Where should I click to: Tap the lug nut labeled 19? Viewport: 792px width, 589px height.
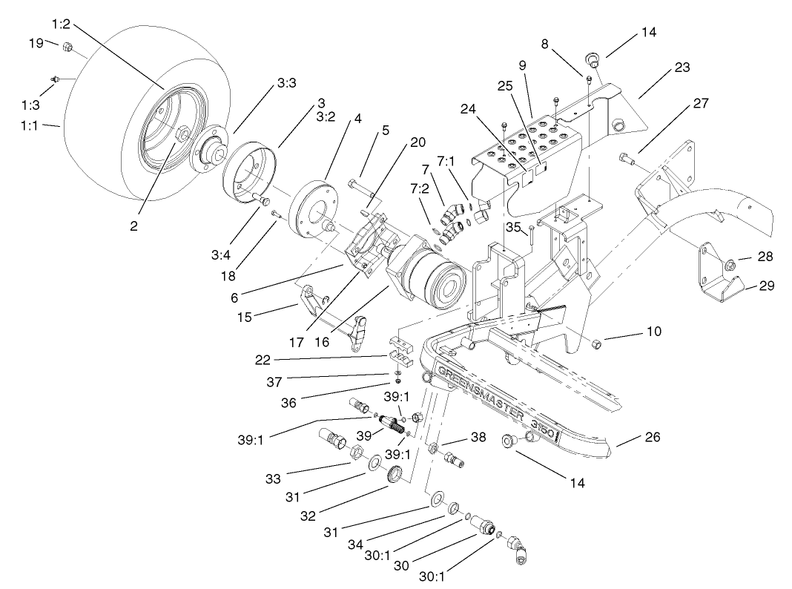[66, 47]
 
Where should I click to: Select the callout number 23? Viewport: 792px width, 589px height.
[682, 68]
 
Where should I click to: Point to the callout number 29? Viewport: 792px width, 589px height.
[766, 285]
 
